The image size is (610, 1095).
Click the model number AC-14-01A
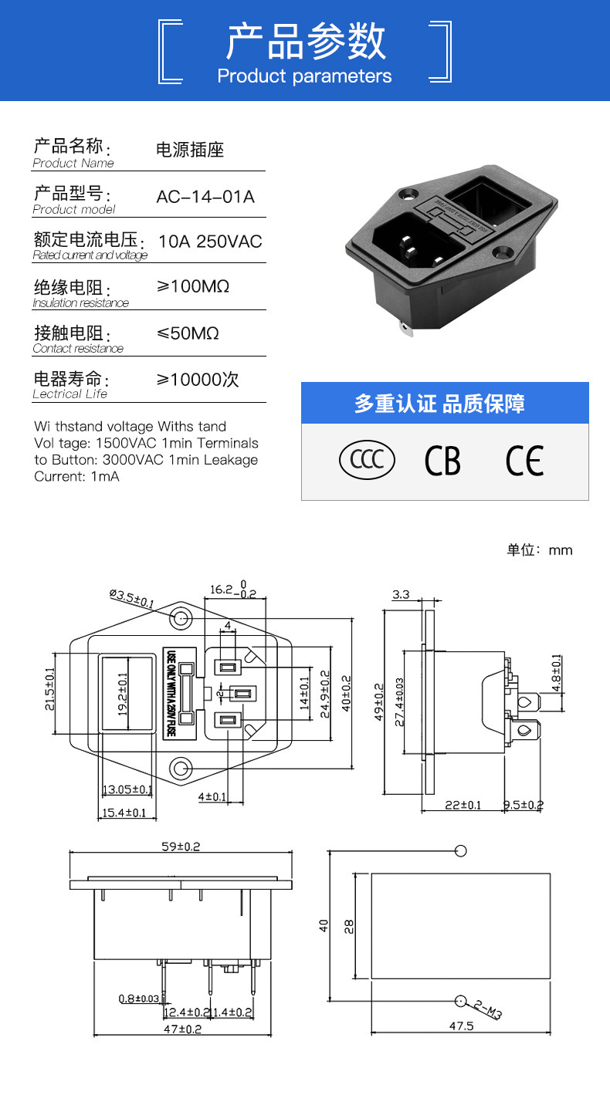pos(205,197)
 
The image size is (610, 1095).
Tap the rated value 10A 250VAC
pos(210,242)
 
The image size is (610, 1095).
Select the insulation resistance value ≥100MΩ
pos(193,287)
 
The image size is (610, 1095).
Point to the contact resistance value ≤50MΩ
pos(188,333)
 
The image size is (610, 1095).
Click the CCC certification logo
pos(367,460)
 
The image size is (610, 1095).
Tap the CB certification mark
pos(442,461)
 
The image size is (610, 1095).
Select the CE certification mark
pos(524,461)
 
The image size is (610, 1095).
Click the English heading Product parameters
pos(304,76)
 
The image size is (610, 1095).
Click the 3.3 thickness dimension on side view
pos(401,594)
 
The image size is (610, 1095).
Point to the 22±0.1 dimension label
pos(463,805)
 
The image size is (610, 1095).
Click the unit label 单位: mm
pos(539,550)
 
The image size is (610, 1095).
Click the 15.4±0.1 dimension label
pos(124,813)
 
